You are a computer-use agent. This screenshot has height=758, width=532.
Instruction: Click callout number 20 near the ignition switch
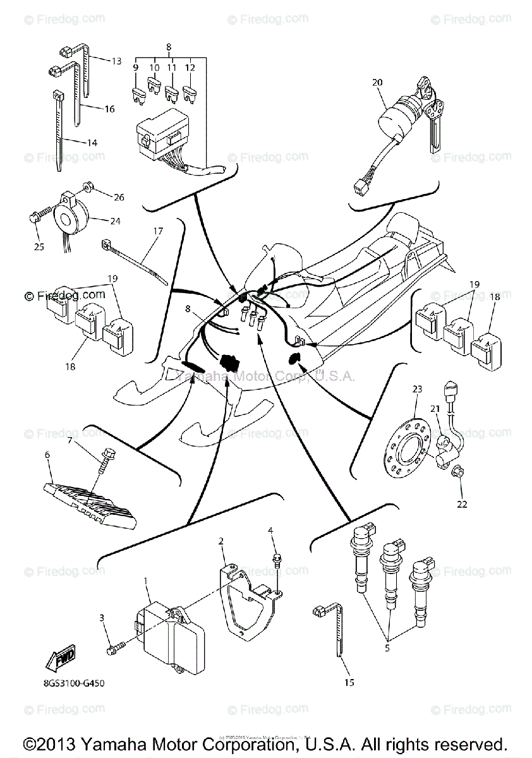[377, 83]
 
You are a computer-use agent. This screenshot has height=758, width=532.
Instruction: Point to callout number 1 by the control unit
[145, 580]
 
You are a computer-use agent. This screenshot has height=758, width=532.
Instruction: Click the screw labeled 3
[112, 647]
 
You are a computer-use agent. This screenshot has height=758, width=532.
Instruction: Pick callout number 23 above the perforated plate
[416, 390]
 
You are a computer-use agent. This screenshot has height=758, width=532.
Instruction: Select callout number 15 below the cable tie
[349, 682]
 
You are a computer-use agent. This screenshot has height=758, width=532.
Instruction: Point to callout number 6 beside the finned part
[47, 454]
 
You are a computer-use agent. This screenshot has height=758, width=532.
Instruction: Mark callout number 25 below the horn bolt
[39, 246]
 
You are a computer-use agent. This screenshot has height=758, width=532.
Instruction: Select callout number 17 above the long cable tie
[157, 231]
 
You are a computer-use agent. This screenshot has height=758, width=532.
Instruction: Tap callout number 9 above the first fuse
[135, 68]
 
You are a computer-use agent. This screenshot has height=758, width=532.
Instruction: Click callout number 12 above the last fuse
[190, 68]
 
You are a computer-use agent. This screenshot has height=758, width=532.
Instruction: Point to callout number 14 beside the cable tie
[92, 143]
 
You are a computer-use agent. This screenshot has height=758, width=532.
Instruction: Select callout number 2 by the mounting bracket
[221, 541]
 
